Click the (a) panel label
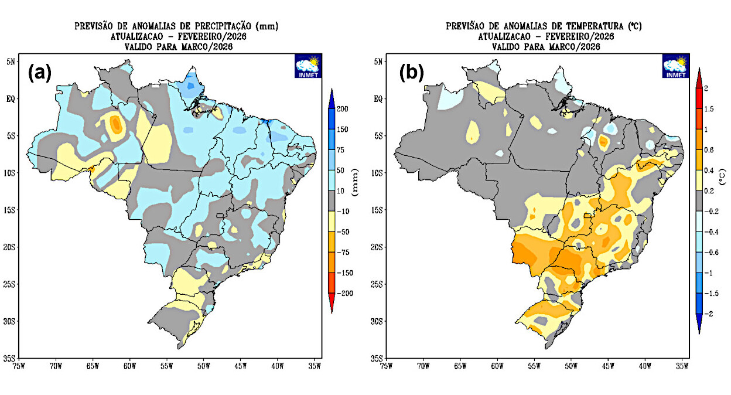pyautogui.click(x=40, y=73)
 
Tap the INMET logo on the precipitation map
pyautogui.click(x=308, y=66)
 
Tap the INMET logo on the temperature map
pyautogui.click(x=675, y=66)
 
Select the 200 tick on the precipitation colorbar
pyautogui.click(x=343, y=109)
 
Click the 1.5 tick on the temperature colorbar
pyautogui.click(x=709, y=109)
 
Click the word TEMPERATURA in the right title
pyautogui.click(x=591, y=26)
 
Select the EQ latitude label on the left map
pyautogui.click(x=18, y=98)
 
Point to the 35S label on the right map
pyautogui.click(x=377, y=358)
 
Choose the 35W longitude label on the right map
pyautogui.click(x=682, y=367)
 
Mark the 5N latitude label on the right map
pyautogui.click(x=378, y=62)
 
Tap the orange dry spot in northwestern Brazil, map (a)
pyautogui.click(x=115, y=124)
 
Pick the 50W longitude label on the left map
pyautogui.click(x=204, y=367)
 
